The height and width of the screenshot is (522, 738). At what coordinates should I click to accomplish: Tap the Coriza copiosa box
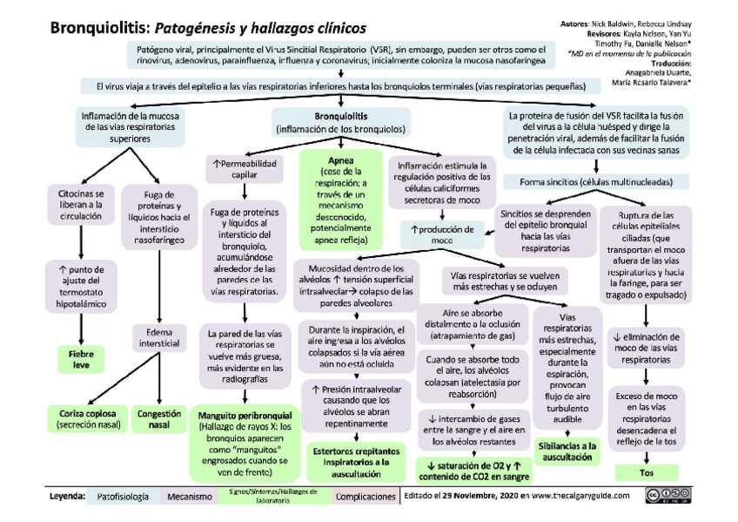point(84,418)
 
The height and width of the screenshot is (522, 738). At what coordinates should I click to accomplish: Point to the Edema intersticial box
point(158,337)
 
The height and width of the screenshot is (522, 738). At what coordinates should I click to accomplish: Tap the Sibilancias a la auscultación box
point(567,450)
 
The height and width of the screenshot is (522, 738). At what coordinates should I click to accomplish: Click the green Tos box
point(647,472)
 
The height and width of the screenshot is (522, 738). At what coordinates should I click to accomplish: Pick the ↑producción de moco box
point(442,234)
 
